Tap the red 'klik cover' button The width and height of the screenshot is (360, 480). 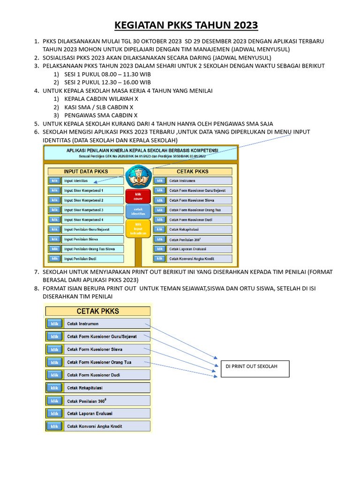point(138,196)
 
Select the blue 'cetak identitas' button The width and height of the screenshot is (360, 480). point(138,211)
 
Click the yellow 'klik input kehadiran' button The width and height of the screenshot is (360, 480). point(138,228)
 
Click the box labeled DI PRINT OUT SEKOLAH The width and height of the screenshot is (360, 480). point(255,369)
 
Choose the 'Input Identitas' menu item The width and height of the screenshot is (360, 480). point(93,181)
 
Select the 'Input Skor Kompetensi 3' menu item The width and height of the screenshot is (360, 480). point(93,210)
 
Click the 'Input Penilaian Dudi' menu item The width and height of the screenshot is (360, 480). point(93,259)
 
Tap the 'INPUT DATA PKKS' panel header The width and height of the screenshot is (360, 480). point(86,171)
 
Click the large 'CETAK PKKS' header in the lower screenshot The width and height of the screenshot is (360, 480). point(98,311)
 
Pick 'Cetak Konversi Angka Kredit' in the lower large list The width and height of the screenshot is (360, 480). point(108,426)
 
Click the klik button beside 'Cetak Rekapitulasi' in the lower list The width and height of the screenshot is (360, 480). point(55,388)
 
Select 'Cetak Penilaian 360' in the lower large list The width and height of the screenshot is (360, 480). point(108,401)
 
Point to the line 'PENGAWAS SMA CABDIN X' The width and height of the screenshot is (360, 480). point(101,115)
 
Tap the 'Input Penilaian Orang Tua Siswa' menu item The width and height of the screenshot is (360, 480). point(93,249)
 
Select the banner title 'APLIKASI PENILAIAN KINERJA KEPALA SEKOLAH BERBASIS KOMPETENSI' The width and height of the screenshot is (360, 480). point(141,150)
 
